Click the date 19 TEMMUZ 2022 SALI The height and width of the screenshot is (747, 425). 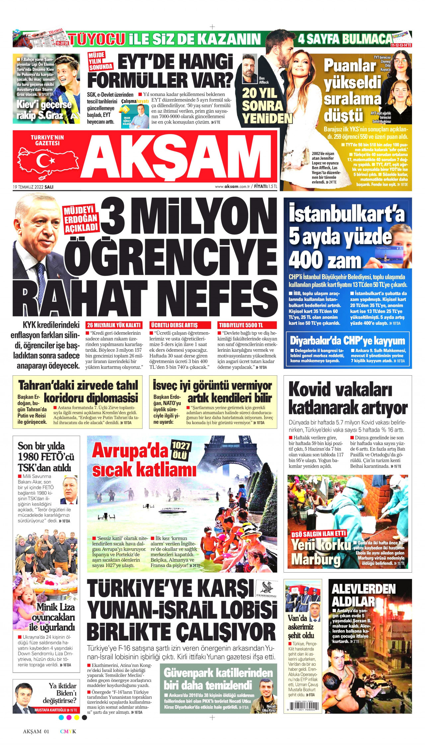33,187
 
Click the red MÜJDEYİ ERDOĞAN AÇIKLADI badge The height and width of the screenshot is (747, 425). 81,220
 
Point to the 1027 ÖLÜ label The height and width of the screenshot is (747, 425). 181,450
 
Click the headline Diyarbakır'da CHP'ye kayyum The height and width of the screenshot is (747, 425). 347,340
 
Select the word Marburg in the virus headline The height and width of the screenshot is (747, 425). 316,559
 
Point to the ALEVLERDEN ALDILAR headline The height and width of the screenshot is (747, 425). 364,595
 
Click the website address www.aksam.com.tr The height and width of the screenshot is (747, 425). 232,187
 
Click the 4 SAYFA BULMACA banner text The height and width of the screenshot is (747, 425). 345,39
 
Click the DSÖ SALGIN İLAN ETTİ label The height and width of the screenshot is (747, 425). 318,534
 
